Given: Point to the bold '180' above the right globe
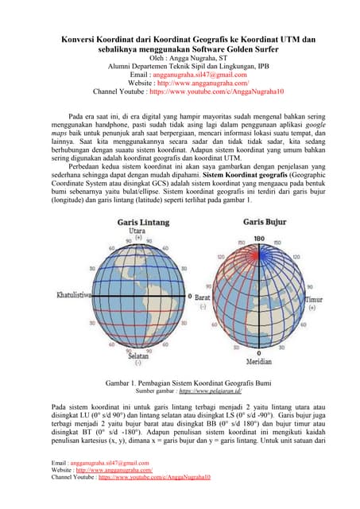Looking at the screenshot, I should (x=258, y=238).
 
